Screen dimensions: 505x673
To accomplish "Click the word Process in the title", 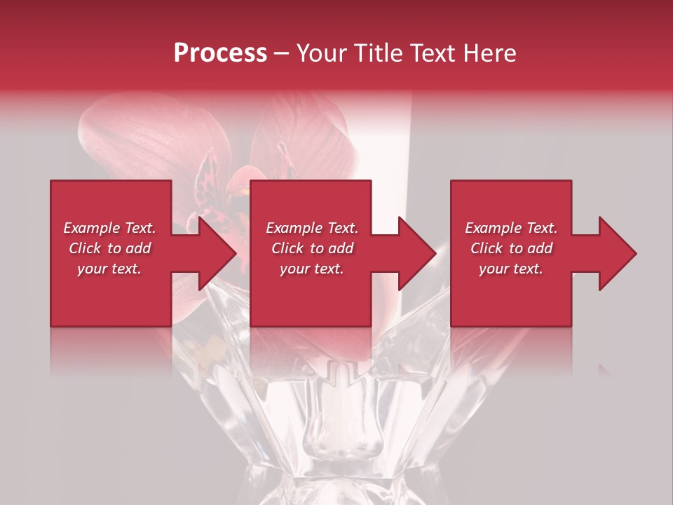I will click(x=220, y=53).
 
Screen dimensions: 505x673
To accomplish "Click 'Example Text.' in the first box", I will click(x=109, y=228).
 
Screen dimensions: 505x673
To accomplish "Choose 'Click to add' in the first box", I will click(x=109, y=248).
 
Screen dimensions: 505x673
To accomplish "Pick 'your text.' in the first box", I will click(x=109, y=269).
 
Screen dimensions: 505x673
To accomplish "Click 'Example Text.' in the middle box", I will click(x=312, y=228).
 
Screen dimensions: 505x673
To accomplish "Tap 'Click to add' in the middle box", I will click(x=312, y=248).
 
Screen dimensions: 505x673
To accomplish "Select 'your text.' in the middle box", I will click(x=312, y=269).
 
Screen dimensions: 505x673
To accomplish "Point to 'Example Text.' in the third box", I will click(x=511, y=228).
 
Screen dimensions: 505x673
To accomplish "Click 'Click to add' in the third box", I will click(x=511, y=248).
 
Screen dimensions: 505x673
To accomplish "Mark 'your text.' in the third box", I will click(x=511, y=269).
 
